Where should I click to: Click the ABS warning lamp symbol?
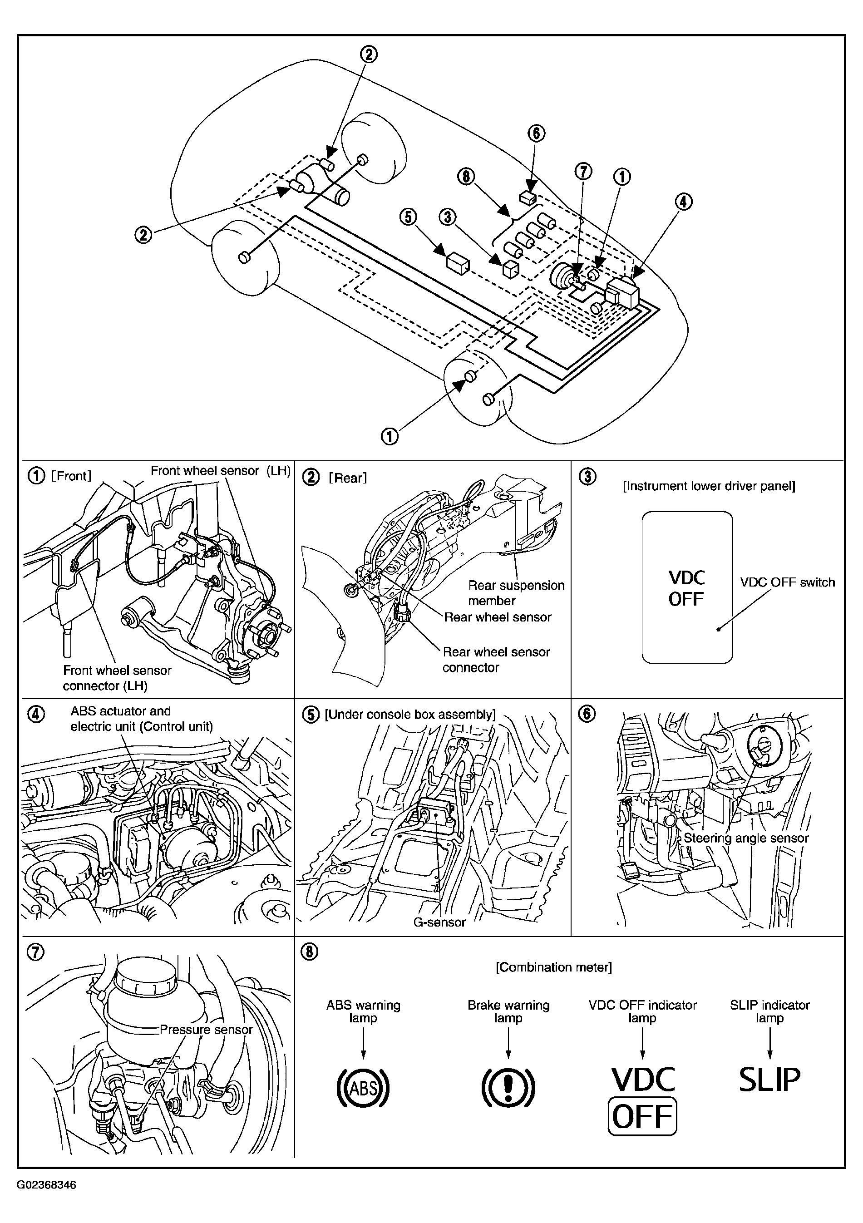(x=363, y=1087)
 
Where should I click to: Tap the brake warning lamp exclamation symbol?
(x=508, y=1087)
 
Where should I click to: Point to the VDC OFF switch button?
(x=687, y=587)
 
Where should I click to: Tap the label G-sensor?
(x=439, y=922)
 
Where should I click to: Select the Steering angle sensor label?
(x=746, y=838)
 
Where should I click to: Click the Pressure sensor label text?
(x=206, y=1030)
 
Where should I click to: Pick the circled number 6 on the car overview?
(x=537, y=133)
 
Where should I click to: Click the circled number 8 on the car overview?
(x=466, y=176)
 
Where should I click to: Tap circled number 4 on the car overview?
(x=684, y=202)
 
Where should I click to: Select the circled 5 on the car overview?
(x=409, y=217)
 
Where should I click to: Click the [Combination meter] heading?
(x=553, y=967)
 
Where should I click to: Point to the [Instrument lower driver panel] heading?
(x=709, y=486)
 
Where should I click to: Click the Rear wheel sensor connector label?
(x=496, y=660)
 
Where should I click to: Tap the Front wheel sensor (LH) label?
(x=221, y=471)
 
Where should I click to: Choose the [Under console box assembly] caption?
(x=409, y=714)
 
